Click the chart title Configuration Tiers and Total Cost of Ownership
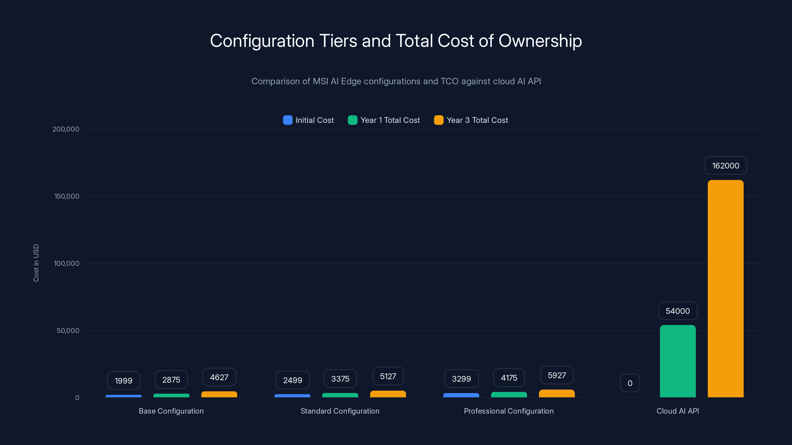(x=396, y=41)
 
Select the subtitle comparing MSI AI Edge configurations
(x=396, y=81)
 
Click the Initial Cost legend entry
(x=308, y=120)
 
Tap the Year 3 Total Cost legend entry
(x=471, y=120)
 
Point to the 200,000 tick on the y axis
(x=66, y=129)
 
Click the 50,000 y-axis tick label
(x=68, y=331)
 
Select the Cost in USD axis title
(x=36, y=263)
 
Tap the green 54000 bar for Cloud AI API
(x=678, y=361)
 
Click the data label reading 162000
(x=726, y=166)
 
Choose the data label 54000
(x=678, y=311)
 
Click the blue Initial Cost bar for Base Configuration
(x=124, y=396)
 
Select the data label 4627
(x=219, y=377)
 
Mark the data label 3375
(x=340, y=379)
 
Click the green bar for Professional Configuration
(x=509, y=395)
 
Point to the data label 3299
(x=461, y=379)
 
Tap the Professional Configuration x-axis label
(x=509, y=411)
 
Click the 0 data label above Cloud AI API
(x=630, y=383)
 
